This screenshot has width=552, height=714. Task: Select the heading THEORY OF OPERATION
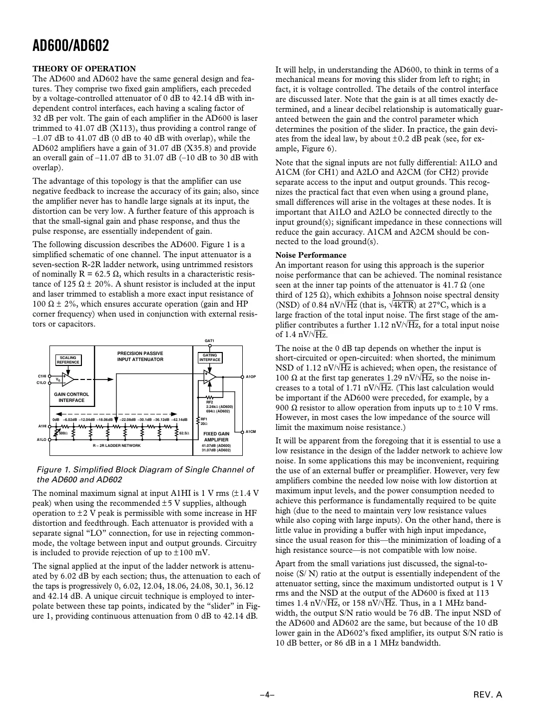(x=84, y=69)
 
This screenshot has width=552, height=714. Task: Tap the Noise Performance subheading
(x=311, y=255)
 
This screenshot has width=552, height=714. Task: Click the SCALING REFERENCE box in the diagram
(x=68, y=360)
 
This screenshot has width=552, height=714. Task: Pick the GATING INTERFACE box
(x=210, y=357)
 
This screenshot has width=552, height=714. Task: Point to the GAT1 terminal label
(x=209, y=341)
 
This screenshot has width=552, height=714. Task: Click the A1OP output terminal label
(x=251, y=376)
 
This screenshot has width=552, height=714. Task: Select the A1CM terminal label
(x=251, y=431)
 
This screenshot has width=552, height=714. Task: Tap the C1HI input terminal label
(x=42, y=375)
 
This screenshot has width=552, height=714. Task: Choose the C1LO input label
(x=42, y=382)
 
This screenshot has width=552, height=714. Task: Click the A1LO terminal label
(x=42, y=440)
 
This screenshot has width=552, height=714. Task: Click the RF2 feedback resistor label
(x=210, y=402)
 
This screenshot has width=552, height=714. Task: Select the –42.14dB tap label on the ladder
(x=179, y=419)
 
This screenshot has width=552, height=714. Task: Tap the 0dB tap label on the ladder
(x=56, y=419)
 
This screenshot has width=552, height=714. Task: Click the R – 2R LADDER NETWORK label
(x=117, y=445)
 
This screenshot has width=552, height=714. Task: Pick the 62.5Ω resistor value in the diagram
(x=183, y=433)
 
